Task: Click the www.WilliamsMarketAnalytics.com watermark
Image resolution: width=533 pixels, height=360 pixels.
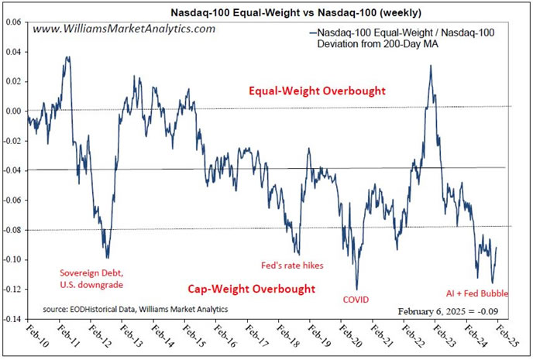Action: [x=124, y=29]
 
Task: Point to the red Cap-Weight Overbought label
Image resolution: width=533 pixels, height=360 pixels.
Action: [x=252, y=290]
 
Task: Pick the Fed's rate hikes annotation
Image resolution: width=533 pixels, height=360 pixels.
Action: [x=291, y=266]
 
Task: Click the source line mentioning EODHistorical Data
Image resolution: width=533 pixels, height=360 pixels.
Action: [x=136, y=308]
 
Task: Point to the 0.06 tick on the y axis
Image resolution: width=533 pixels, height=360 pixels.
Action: [x=13, y=22]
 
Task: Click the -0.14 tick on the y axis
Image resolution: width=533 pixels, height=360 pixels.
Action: [x=12, y=319]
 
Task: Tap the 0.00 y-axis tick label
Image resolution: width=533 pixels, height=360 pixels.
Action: [x=13, y=111]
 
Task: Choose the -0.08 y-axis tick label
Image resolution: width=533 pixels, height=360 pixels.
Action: [x=12, y=230]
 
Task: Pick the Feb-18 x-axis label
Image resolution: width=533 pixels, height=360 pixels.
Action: [x=281, y=338]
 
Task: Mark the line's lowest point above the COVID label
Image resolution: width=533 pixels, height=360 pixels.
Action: [x=357, y=289]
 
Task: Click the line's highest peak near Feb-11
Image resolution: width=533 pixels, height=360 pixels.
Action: [x=68, y=57]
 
